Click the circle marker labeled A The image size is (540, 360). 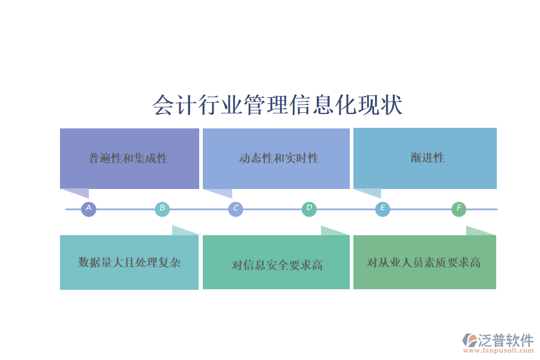[x=89, y=209]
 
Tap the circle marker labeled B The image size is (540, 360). [x=162, y=209]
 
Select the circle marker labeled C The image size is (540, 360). [x=236, y=209]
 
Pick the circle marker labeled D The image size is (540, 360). [x=309, y=209]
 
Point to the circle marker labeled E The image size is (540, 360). [x=383, y=209]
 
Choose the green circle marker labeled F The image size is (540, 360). [x=458, y=209]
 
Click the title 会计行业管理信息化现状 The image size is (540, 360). [x=277, y=105]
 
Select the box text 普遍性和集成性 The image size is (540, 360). [x=128, y=158]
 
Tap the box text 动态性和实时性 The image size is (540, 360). [x=278, y=158]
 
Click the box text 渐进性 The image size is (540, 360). [x=427, y=158]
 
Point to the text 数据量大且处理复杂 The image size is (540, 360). [x=129, y=262]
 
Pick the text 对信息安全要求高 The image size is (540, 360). [x=277, y=265]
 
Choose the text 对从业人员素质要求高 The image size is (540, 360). [x=424, y=263]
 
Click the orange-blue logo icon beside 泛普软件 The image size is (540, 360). [x=469, y=340]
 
